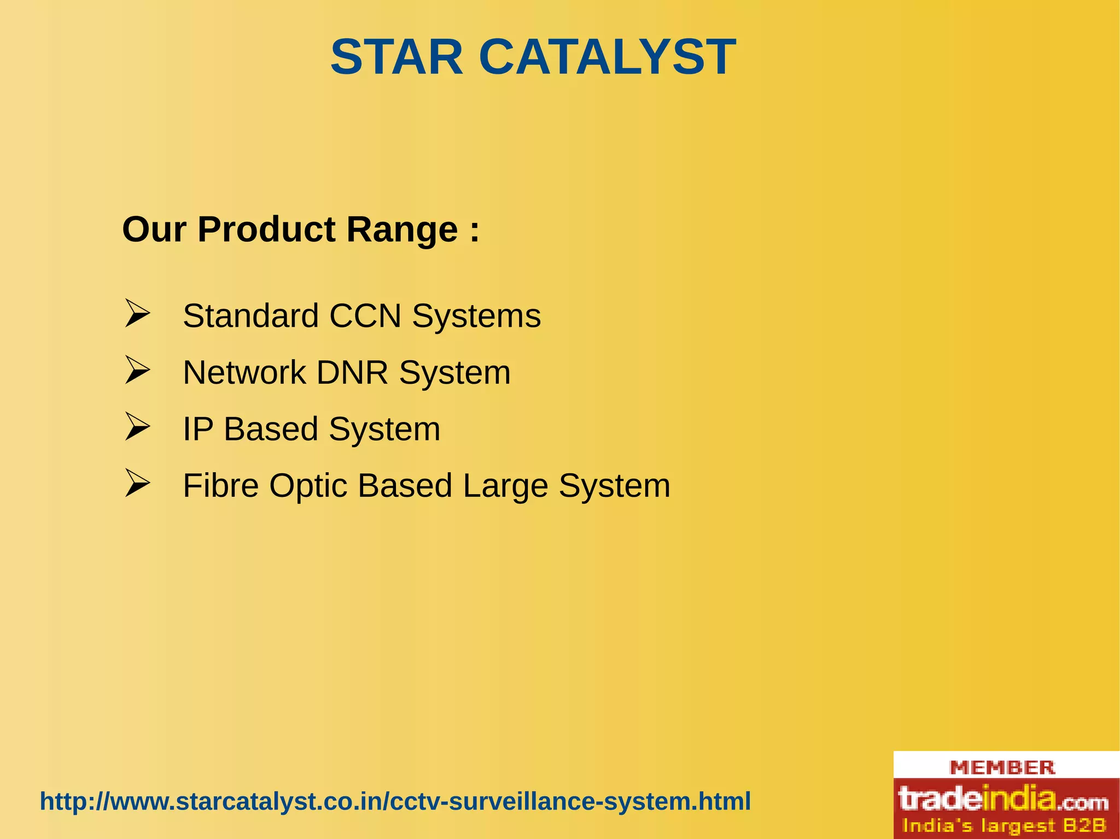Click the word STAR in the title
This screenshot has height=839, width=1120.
tap(397, 57)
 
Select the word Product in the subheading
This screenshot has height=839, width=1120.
tap(266, 229)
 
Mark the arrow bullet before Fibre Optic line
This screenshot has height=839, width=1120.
tap(137, 483)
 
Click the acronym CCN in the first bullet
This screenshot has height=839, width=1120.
tap(365, 316)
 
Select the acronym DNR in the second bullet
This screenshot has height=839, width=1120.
tap(352, 373)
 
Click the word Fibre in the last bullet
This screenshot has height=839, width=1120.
tap(220, 485)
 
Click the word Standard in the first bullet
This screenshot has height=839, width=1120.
tap(250, 316)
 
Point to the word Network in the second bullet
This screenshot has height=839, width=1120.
tap(244, 373)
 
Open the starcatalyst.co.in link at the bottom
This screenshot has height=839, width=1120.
tap(395, 801)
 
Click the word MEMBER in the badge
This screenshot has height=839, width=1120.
tap(1002, 767)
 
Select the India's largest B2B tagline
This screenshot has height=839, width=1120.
tap(1004, 825)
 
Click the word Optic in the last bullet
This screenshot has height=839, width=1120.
tap(308, 485)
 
